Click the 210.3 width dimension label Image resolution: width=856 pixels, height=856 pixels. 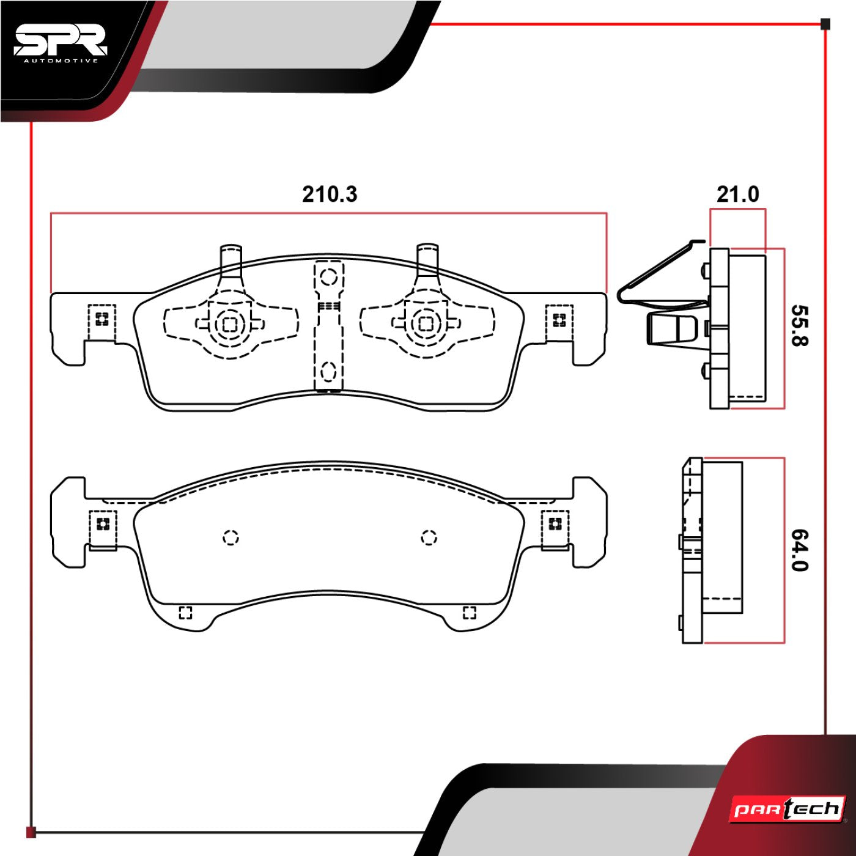click(329, 194)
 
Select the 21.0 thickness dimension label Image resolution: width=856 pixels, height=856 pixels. click(737, 194)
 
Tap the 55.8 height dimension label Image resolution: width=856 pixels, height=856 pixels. click(799, 325)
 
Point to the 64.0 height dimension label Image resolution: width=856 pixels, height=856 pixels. click(799, 550)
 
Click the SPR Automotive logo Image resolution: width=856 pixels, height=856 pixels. click(60, 44)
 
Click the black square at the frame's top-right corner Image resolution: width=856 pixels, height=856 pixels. click(825, 24)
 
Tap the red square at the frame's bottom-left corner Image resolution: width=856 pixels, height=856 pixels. click(31, 832)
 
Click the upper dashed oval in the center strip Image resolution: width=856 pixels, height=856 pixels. click(329, 276)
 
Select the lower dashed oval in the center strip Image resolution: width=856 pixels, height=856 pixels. click(329, 371)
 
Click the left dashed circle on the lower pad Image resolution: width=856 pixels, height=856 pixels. click(231, 537)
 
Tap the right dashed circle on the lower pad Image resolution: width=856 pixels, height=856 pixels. click(429, 537)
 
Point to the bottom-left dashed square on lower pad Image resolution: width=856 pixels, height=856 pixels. click(185, 613)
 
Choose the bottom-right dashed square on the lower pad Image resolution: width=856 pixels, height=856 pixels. click(469, 613)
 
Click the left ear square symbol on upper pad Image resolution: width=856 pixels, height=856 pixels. click(101, 319)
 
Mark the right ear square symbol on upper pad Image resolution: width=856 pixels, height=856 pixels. click(559, 320)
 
